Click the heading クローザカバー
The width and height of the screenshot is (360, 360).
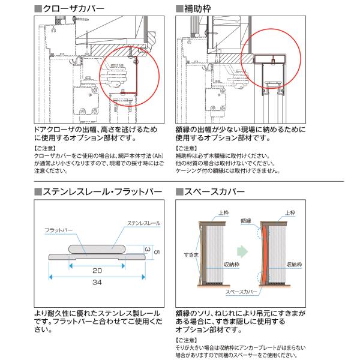click(x=73, y=8)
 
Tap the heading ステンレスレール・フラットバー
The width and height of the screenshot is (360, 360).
click(x=103, y=192)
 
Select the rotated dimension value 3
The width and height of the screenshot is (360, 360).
click(x=146, y=248)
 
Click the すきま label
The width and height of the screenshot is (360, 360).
click(x=191, y=255)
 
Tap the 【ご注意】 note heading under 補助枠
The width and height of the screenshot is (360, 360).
click(x=187, y=147)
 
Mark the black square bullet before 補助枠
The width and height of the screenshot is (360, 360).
click(x=179, y=8)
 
